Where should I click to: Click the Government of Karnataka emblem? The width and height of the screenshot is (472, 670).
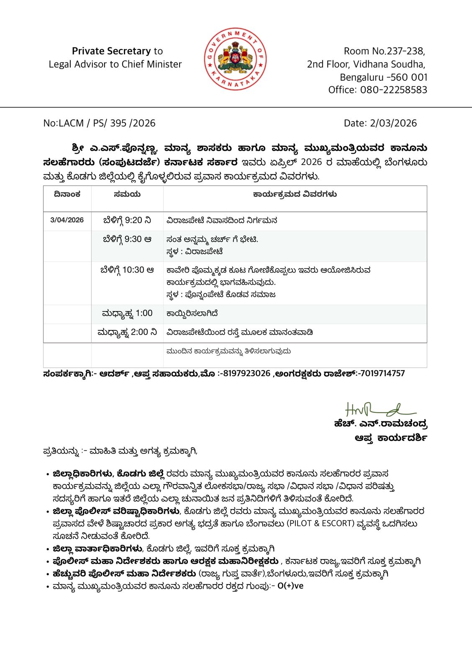(x=236, y=59)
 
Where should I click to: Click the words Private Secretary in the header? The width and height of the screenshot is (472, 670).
(x=111, y=51)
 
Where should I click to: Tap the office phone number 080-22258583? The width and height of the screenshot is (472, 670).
(x=394, y=90)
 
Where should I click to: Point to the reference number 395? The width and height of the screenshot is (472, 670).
(x=118, y=123)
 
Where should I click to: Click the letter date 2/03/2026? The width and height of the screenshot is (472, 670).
(x=393, y=123)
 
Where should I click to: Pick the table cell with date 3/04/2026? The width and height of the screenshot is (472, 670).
(x=67, y=220)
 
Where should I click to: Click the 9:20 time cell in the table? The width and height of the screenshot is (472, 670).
(x=127, y=220)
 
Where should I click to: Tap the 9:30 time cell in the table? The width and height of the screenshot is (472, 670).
(x=127, y=239)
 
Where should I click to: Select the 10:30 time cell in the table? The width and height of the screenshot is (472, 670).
(x=127, y=270)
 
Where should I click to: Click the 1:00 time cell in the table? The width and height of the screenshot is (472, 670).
(x=127, y=313)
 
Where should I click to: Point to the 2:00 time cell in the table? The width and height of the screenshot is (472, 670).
(x=127, y=332)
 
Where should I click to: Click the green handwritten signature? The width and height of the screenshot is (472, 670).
(x=379, y=410)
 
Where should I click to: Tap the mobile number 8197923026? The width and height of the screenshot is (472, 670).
(x=246, y=373)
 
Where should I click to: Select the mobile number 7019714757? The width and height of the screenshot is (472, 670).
(x=382, y=373)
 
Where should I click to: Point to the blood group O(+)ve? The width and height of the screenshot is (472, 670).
(x=290, y=586)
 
